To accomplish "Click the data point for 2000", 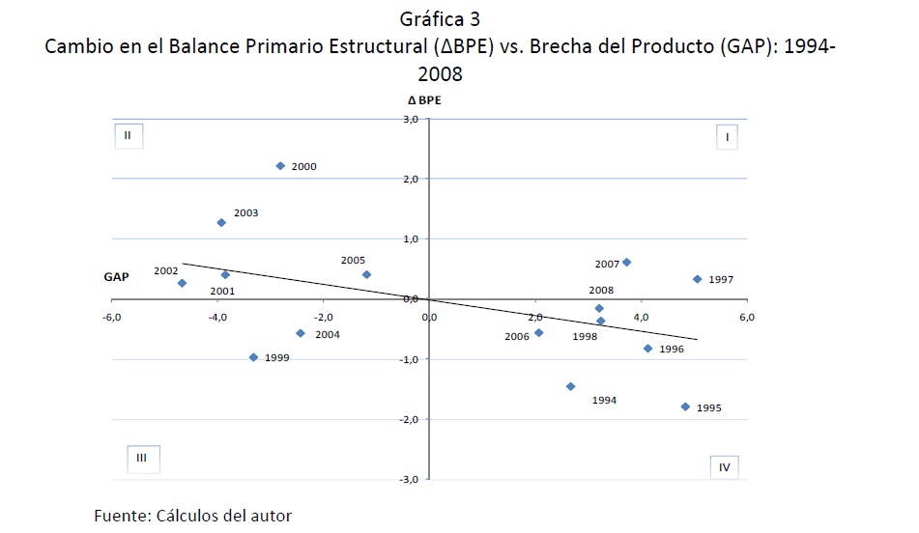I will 280,166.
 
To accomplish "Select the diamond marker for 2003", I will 221,223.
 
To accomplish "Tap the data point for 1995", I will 685,407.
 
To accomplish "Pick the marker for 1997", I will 697,279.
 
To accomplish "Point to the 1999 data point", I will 253,357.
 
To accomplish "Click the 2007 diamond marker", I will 626,263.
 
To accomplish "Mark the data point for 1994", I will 570,386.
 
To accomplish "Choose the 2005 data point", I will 366,275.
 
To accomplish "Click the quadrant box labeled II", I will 127,135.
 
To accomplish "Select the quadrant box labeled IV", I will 724,467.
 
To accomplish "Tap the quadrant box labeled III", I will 140,459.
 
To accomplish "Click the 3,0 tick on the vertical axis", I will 411,120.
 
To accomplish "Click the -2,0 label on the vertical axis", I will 410,420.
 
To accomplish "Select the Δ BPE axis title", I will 426,99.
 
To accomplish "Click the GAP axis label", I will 116,277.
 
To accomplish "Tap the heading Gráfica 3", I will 440,18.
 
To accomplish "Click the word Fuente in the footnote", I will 120,515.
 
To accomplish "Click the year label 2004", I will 329,335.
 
